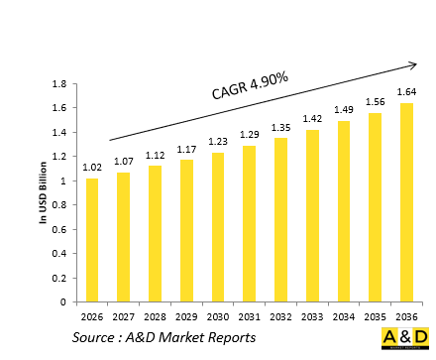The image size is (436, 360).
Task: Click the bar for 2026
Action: click(92, 240)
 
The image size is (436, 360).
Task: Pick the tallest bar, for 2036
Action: click(407, 202)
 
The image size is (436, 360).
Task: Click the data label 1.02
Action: click(92, 169)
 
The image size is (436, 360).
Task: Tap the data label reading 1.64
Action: click(407, 93)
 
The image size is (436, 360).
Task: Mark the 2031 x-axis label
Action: click(250, 317)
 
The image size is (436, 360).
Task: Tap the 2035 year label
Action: click(376, 317)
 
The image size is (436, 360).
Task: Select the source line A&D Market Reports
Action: click(163, 339)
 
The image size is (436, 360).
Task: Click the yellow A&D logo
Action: click(404, 337)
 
